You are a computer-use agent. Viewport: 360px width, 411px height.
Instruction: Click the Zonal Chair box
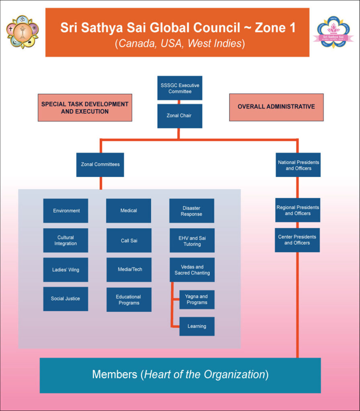pos(180,116)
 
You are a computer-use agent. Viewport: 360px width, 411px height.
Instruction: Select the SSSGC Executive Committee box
pos(180,88)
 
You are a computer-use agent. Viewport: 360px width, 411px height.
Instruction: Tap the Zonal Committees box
pos(100,165)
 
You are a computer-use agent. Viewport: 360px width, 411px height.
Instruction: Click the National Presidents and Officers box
pos(298,165)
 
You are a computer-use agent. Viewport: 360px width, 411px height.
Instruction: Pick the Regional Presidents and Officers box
pos(298,210)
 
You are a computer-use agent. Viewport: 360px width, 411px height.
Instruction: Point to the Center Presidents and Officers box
pos(297,240)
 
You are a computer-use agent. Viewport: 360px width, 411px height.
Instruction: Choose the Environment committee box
pos(66,211)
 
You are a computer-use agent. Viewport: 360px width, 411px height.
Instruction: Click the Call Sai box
pos(129,240)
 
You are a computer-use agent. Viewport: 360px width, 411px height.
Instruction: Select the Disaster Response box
pos(192,211)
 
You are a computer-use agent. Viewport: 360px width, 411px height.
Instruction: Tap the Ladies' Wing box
pos(66,270)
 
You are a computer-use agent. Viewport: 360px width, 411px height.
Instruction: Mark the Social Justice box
pos(66,299)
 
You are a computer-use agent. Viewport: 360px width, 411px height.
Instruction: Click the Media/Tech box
pos(129,270)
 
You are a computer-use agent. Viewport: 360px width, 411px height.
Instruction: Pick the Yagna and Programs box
pos(196,299)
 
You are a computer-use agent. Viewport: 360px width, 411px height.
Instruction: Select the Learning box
pos(196,326)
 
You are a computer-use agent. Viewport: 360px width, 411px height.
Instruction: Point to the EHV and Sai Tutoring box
pos(192,241)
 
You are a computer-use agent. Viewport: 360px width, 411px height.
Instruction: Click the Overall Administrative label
pos(276,107)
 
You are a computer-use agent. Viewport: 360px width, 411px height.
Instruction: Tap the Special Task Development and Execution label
pos(85,108)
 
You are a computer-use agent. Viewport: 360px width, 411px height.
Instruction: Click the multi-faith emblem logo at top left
pos(22,32)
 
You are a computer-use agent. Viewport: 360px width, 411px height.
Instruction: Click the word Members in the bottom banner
pos(115,375)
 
